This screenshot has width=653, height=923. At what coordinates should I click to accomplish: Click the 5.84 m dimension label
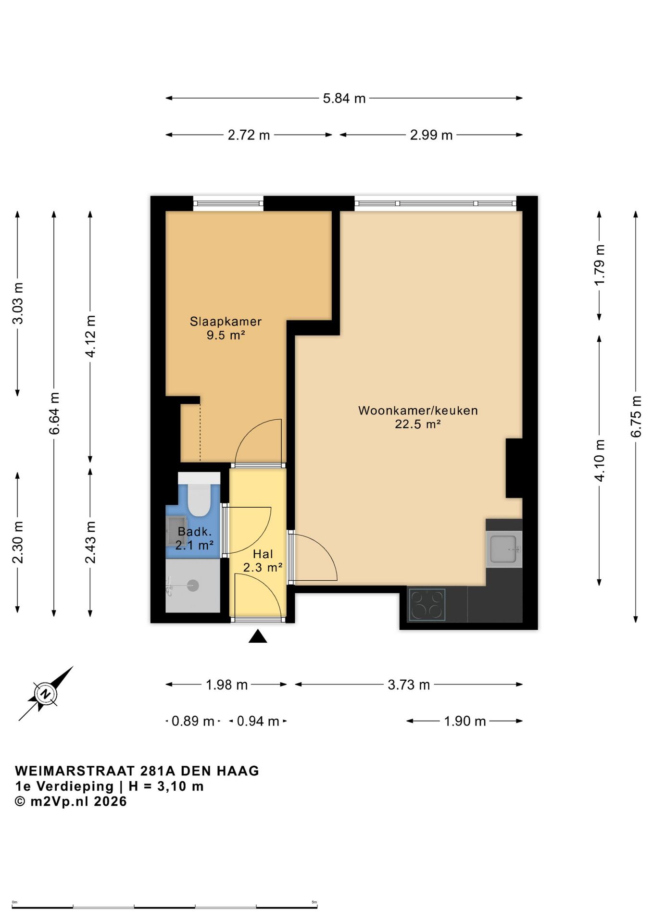pyautogui.click(x=344, y=99)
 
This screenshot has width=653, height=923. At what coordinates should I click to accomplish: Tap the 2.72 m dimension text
pyautogui.click(x=249, y=135)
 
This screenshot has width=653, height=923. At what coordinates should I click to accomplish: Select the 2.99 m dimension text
pyautogui.click(x=431, y=135)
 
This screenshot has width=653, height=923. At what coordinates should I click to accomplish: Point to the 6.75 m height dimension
pyautogui.click(x=636, y=416)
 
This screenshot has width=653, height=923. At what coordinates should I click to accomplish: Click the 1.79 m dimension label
pyautogui.click(x=599, y=265)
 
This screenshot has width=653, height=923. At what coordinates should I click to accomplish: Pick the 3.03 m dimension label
pyautogui.click(x=18, y=303)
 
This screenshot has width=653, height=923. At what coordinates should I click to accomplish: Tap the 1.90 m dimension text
pyautogui.click(x=465, y=721)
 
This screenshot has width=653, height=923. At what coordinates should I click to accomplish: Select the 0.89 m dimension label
pyautogui.click(x=193, y=721)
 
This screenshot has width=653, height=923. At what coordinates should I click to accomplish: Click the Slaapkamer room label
pyautogui.click(x=226, y=321)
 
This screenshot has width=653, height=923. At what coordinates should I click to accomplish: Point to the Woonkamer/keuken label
pyautogui.click(x=418, y=411)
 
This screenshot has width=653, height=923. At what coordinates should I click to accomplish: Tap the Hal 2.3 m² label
pyautogui.click(x=263, y=561)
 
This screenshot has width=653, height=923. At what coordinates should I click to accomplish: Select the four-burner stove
pyautogui.click(x=427, y=604)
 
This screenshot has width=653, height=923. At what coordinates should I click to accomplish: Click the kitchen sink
pyautogui.click(x=503, y=549)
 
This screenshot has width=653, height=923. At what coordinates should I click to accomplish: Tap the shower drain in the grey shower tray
pyautogui.click(x=193, y=586)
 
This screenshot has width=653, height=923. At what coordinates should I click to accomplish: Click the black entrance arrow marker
pyautogui.click(x=258, y=636)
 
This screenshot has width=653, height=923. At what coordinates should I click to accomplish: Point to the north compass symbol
pyautogui.click(x=46, y=694)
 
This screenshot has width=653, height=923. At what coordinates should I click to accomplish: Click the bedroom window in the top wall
pyautogui.click(x=228, y=203)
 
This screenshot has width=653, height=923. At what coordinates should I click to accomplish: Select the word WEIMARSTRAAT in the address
pyautogui.click(x=75, y=771)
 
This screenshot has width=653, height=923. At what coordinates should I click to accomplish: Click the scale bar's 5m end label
pyautogui.click(x=314, y=902)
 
